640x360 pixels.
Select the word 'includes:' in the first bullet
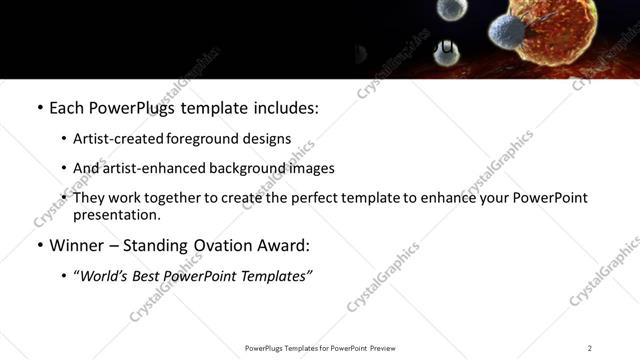point(284,107)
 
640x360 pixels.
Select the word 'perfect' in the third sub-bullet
point(300,198)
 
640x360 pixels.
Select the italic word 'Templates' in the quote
point(276,276)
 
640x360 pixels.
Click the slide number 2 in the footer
point(589,348)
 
